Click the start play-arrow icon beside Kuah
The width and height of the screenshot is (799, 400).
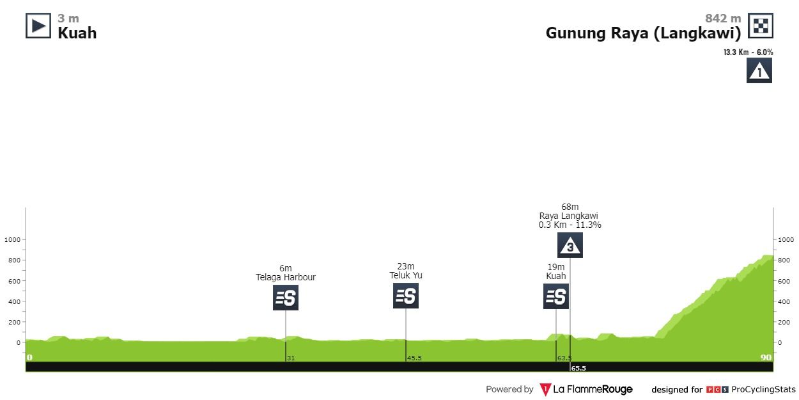pos(38,26)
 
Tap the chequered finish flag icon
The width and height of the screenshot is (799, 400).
pos(761,26)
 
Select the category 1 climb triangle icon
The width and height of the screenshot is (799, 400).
pos(759,70)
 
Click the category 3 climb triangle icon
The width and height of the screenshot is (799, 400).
pos(570,245)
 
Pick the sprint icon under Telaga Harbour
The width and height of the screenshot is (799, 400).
pos(286,298)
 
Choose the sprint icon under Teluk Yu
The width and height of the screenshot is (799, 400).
pos(406,296)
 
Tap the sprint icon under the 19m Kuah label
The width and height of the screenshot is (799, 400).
pos(556,296)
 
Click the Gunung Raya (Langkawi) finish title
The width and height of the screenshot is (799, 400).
pos(643,33)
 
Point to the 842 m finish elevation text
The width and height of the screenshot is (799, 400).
pos(723,19)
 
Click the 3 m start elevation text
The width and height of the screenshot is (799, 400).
pos(68,19)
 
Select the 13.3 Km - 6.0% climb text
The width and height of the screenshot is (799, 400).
pos(749,52)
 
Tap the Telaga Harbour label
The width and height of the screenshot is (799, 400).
pos(286,278)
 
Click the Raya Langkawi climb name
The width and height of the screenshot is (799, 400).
pos(569,216)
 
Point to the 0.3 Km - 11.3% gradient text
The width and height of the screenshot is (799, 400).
pos(570,225)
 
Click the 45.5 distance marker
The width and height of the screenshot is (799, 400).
pos(414,358)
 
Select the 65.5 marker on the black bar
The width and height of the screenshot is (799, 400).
pos(578,368)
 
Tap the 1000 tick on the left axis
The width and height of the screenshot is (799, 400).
pos(13,240)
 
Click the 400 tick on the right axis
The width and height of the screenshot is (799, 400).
pos(785,301)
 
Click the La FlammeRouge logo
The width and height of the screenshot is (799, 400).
pos(586,389)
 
